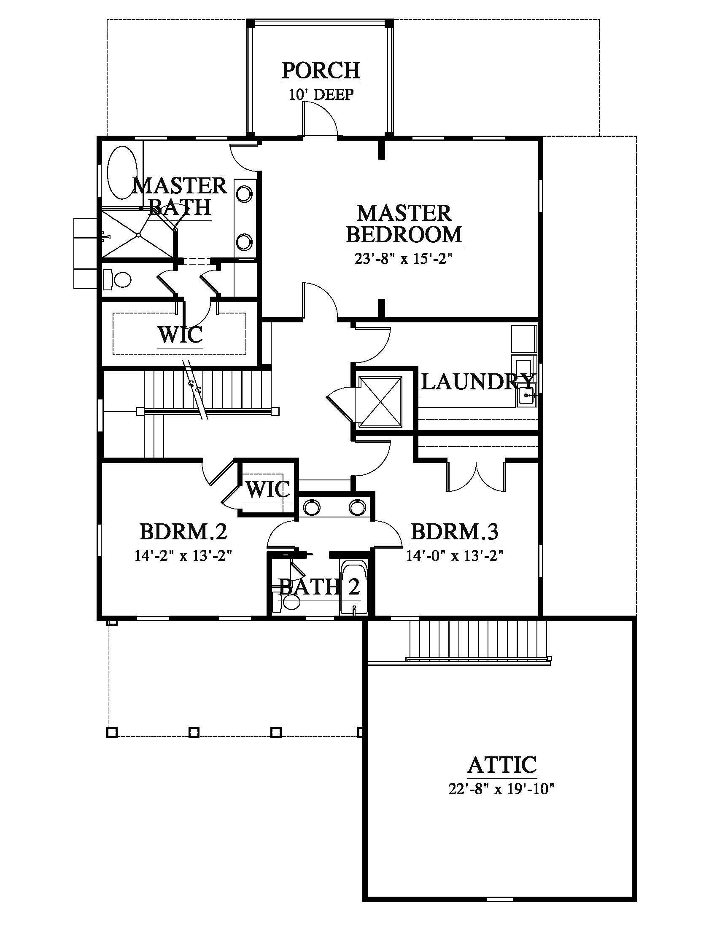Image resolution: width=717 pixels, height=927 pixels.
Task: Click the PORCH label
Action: [x=321, y=70]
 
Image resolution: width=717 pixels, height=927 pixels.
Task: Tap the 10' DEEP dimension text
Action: [x=321, y=94]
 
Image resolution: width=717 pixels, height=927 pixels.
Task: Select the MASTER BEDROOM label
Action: [x=404, y=224]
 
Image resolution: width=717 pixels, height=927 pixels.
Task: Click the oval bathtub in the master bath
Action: [x=123, y=173]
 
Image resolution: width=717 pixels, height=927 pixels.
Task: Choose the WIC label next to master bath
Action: [x=180, y=335]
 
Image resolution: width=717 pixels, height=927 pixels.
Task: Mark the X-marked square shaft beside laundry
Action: [x=380, y=402]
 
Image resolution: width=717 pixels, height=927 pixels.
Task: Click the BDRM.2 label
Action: [x=183, y=532]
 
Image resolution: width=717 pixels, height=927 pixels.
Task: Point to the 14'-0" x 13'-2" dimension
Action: [x=455, y=556]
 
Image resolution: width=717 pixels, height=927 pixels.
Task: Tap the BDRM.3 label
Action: [x=455, y=532]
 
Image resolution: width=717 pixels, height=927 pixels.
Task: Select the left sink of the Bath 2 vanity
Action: [x=313, y=507]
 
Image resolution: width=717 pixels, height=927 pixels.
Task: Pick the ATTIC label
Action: [x=501, y=765]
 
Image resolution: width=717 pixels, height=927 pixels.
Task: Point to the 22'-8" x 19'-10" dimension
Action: [x=501, y=789]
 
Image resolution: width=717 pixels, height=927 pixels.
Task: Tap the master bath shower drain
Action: [x=138, y=235]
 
